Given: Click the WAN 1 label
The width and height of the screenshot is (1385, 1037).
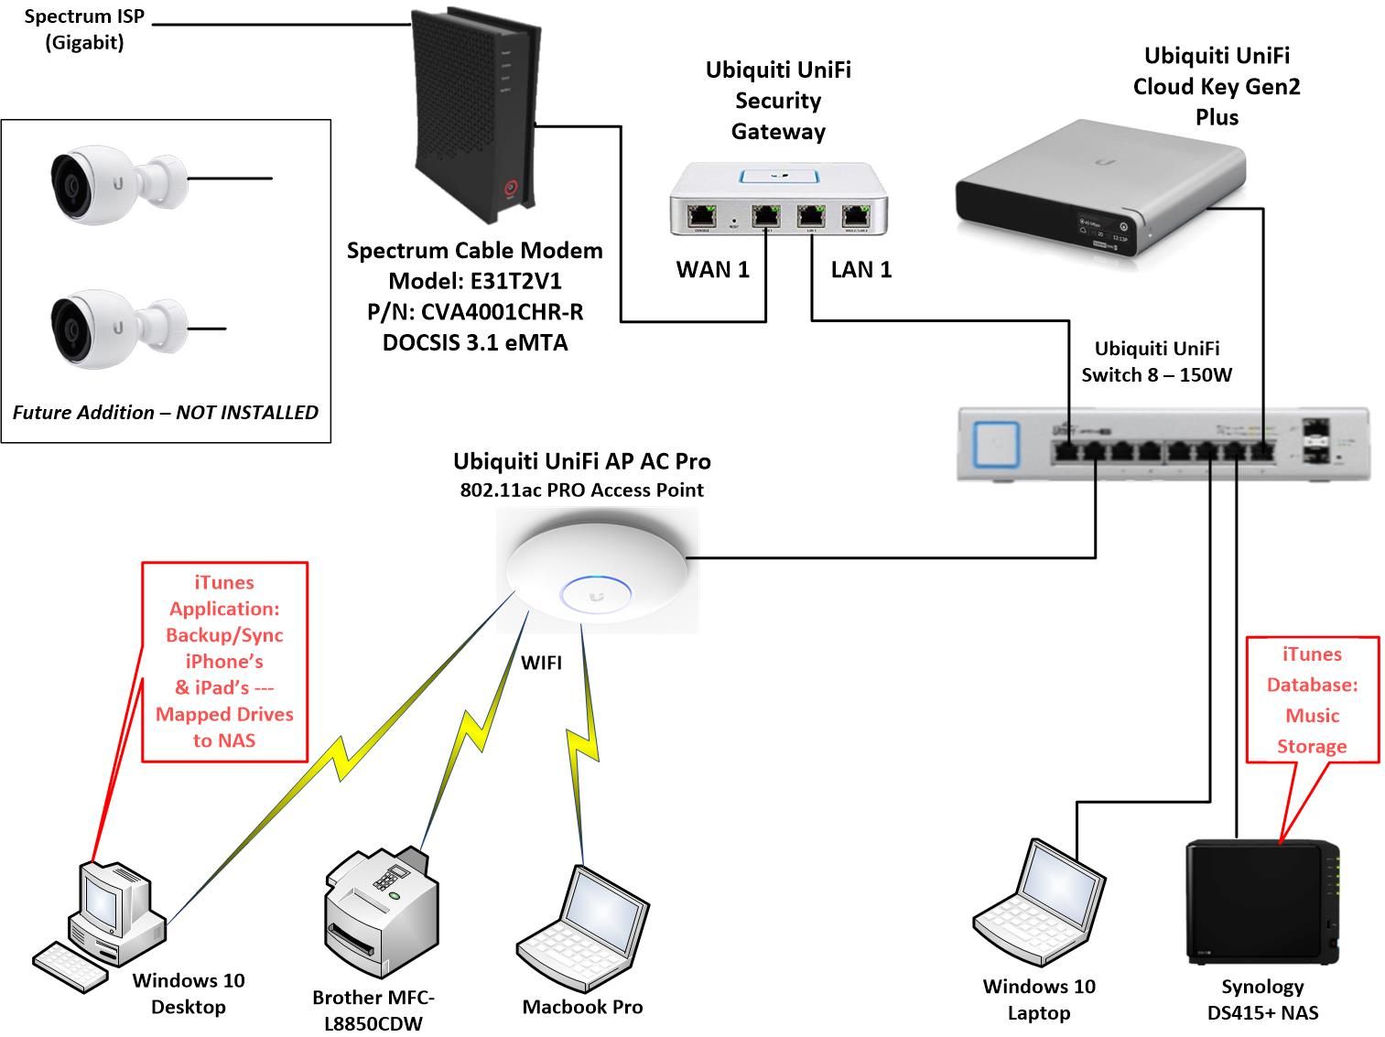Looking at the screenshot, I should click(712, 270).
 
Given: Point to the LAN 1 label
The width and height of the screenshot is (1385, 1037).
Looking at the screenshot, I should click(860, 270).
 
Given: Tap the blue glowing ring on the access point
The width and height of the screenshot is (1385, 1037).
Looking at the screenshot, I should click(596, 593).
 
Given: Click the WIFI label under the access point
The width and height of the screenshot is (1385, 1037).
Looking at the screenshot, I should click(541, 663).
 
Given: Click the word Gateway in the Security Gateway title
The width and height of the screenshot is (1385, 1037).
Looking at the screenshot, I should click(778, 132).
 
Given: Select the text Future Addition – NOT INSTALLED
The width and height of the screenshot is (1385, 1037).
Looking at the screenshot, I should click(166, 413).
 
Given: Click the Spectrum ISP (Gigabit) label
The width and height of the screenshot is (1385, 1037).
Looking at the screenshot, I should click(84, 29).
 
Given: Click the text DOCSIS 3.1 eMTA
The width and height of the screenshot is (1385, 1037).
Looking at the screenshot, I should click(474, 343).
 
